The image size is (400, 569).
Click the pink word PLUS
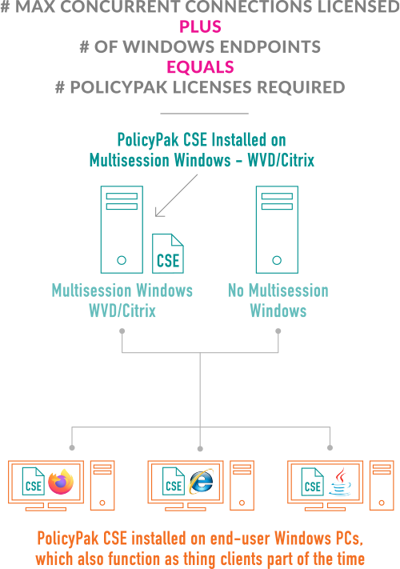click(200, 27)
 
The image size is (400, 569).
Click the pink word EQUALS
click(200, 67)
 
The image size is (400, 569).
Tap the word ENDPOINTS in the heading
click(270, 46)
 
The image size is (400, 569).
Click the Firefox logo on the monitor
click(61, 482)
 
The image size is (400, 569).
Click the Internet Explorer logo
click(202, 481)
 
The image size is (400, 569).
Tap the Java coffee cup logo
click(340, 482)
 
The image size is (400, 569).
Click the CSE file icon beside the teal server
click(168, 254)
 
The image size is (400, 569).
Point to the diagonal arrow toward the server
click(176, 195)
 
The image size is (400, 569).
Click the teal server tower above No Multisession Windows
click(277, 230)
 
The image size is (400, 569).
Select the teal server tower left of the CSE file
click(122, 230)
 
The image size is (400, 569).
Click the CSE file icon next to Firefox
click(34, 481)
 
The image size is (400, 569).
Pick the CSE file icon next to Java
click(313, 482)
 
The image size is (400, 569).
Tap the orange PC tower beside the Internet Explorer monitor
click(242, 486)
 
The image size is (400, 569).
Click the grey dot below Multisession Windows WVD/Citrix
click(122, 331)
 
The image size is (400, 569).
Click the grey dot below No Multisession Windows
click(278, 331)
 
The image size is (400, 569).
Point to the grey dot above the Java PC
click(330, 448)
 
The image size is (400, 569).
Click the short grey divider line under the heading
click(205, 114)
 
